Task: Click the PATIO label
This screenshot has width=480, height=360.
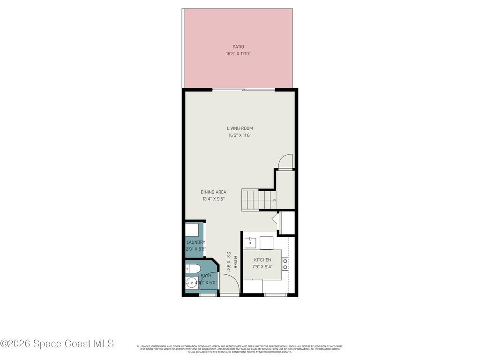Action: [238, 47]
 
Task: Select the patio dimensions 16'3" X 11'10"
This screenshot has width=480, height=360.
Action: [238, 54]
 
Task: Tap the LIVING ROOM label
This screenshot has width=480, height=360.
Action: [240, 128]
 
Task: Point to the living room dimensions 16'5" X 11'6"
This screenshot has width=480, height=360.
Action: [240, 135]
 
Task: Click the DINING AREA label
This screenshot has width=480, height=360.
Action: [213, 192]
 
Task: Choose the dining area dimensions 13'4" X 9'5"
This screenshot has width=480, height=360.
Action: [213, 199]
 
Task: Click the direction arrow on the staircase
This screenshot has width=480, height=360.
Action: [273, 200]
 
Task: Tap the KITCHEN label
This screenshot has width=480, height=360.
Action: [262, 260]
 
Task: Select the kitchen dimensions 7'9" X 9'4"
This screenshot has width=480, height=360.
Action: [262, 267]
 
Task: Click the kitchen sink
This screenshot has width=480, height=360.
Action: [250, 242]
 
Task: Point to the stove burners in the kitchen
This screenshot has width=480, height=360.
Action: [285, 263]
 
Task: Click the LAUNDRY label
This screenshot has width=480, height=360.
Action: [195, 242]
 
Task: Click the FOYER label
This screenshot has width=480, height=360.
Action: [235, 262]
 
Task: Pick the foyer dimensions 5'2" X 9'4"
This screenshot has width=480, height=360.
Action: [229, 262]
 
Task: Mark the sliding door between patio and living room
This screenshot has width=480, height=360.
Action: [243, 89]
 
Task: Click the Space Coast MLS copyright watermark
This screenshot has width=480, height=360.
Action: [57, 344]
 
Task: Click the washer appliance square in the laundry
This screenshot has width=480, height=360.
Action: [192, 230]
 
